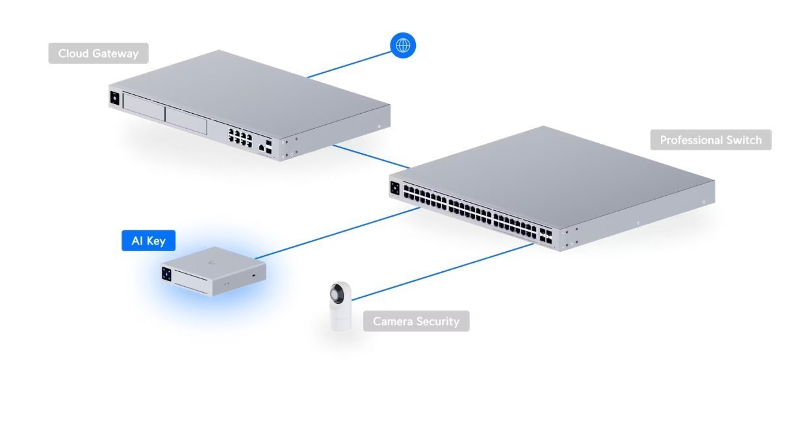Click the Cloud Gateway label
[98, 53]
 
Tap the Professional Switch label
[710, 140]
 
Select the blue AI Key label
[148, 241]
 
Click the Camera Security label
[416, 321]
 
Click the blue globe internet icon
[403, 46]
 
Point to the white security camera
[340, 307]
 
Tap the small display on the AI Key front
[167, 275]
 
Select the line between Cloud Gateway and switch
[370, 156]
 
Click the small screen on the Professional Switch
[394, 189]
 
